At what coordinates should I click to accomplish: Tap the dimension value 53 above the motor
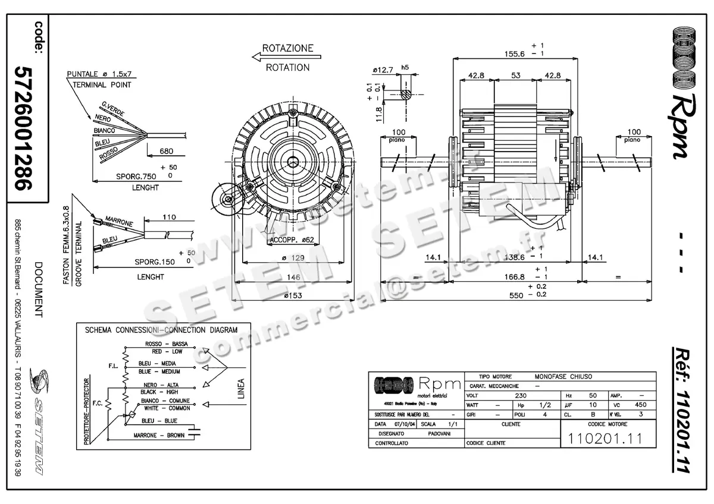click(x=515, y=75)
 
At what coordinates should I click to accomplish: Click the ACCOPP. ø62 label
click(x=292, y=240)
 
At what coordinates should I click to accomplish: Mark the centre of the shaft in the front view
click(x=293, y=162)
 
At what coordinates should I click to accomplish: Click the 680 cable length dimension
click(x=167, y=151)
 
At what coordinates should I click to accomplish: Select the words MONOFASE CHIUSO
click(x=563, y=377)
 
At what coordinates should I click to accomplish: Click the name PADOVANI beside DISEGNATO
click(x=439, y=434)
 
